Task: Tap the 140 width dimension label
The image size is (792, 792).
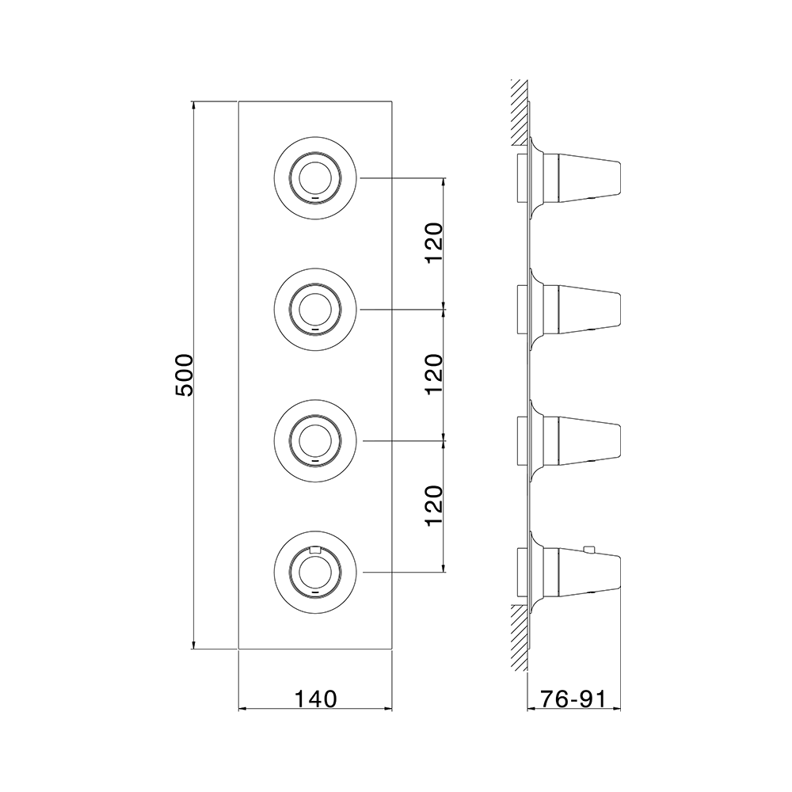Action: (x=315, y=699)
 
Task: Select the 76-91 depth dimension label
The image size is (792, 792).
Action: (x=573, y=699)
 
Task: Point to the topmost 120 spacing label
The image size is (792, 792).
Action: (x=435, y=242)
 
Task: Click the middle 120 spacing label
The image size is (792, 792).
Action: (x=435, y=375)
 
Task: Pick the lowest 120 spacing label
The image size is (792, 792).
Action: (x=435, y=506)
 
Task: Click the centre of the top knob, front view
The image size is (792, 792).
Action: (x=315, y=177)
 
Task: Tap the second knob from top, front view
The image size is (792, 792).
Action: (x=315, y=309)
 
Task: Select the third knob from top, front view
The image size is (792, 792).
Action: (x=315, y=441)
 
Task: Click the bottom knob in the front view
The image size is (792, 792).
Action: (x=315, y=573)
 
